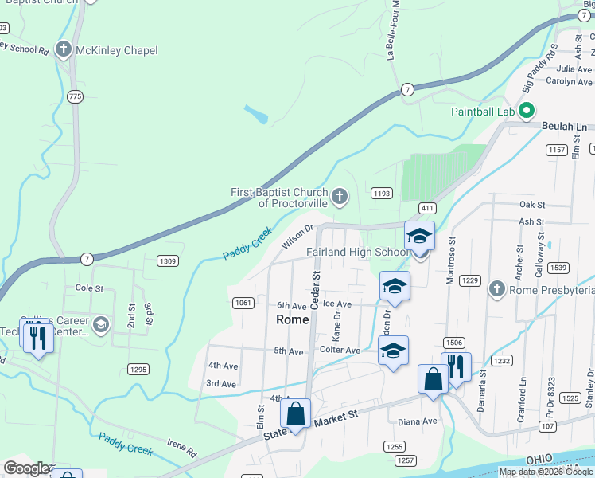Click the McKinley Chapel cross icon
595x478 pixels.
tap(63, 50)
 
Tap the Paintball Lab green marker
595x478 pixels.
tap(526, 111)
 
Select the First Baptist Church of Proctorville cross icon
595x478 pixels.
tap(340, 196)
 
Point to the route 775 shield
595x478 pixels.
tap(75, 96)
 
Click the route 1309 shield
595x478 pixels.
tap(167, 261)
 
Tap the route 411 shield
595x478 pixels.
tap(427, 208)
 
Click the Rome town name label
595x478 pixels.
tap(291, 319)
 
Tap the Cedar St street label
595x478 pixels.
tap(315, 284)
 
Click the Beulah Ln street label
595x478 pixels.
tap(564, 127)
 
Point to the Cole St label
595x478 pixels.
tap(84, 287)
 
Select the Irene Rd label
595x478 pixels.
tap(181, 448)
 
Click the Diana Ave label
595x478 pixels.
tap(418, 421)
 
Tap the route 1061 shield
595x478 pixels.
tap(243, 302)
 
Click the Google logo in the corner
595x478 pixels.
tap(26, 468)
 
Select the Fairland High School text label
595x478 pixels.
tap(359, 253)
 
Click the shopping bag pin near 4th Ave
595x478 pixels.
tap(295, 414)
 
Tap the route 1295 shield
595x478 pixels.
tap(138, 369)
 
